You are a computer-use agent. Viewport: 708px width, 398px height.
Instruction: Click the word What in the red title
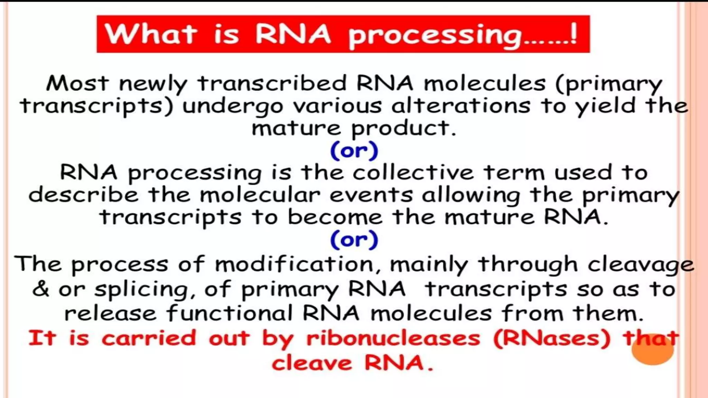pos(151,34)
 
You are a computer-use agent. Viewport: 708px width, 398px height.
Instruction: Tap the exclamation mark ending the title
pos(574,34)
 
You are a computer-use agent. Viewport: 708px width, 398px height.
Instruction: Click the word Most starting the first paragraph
pos(77,83)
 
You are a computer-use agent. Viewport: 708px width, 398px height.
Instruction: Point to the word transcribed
pos(272,83)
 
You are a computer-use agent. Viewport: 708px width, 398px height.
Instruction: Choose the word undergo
pos(233,106)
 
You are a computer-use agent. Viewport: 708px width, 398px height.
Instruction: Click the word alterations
pos(460,105)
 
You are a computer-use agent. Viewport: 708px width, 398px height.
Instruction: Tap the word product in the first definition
pos(403,129)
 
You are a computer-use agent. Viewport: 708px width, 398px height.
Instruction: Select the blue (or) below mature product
pos(354,151)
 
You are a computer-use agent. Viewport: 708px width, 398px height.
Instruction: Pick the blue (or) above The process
pos(354,239)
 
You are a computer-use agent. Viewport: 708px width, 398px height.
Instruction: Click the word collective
pos(413,172)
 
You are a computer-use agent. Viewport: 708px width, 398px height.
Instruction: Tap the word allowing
pos(471,196)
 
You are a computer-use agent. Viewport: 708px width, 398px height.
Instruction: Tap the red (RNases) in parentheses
pos(552,339)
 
